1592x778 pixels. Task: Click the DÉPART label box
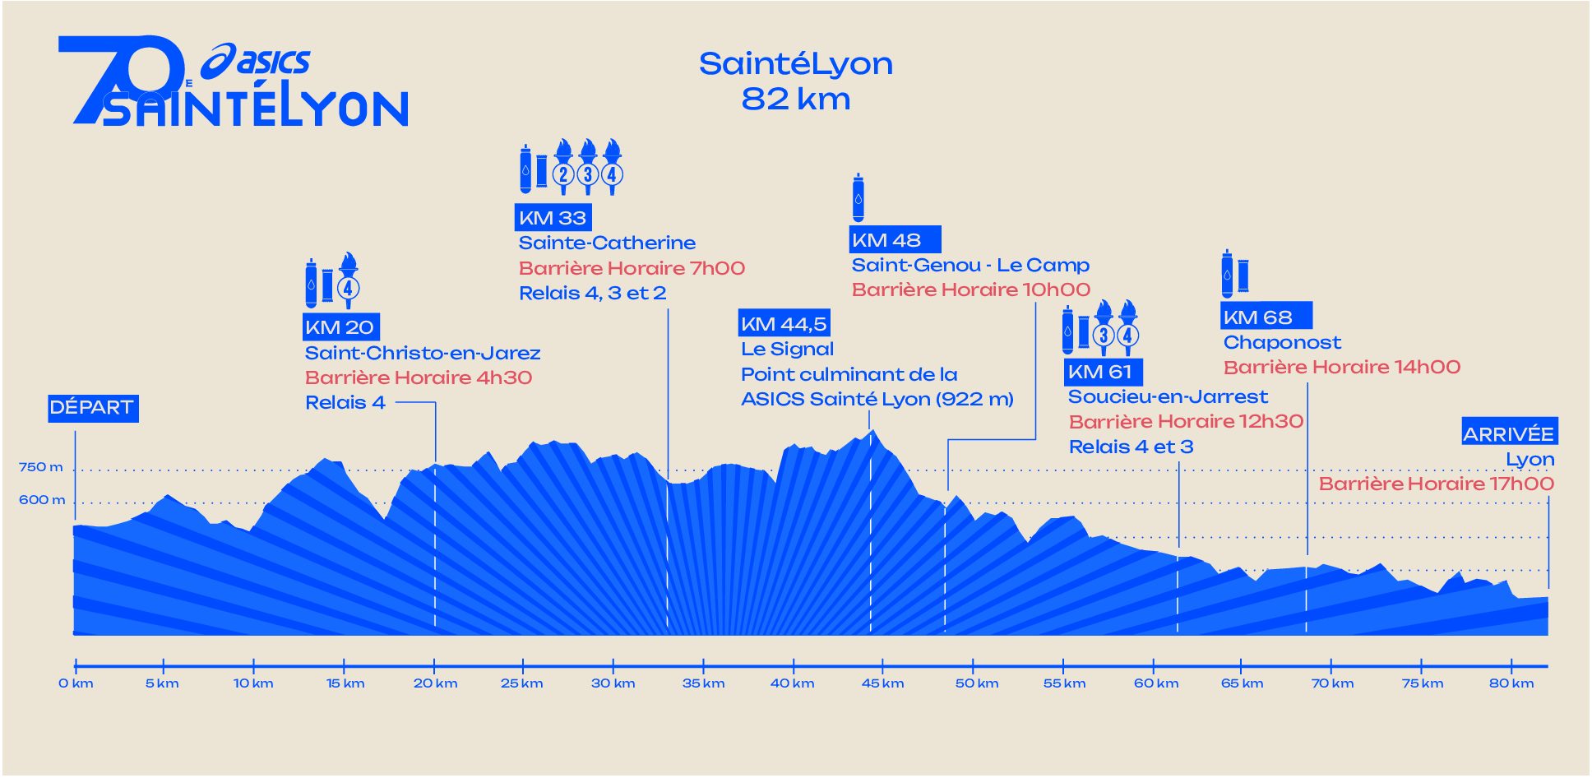point(92,408)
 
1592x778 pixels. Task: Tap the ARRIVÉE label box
point(1508,433)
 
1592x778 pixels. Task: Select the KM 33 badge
point(553,218)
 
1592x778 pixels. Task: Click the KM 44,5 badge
point(783,324)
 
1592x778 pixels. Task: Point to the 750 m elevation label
point(40,467)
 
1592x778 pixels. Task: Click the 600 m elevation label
point(41,500)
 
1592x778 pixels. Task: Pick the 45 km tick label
point(882,683)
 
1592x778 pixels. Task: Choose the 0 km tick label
point(76,683)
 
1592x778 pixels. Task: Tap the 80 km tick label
point(1511,683)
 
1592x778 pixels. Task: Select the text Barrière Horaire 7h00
point(632,268)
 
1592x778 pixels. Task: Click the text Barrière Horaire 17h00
point(1436,484)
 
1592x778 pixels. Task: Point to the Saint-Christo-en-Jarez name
point(423,353)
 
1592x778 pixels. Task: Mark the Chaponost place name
point(1282,342)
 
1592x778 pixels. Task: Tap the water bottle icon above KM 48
point(858,197)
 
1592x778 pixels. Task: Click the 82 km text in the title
point(795,99)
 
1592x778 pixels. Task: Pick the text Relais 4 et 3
point(1131,447)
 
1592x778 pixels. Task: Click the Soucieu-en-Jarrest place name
point(1168,396)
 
